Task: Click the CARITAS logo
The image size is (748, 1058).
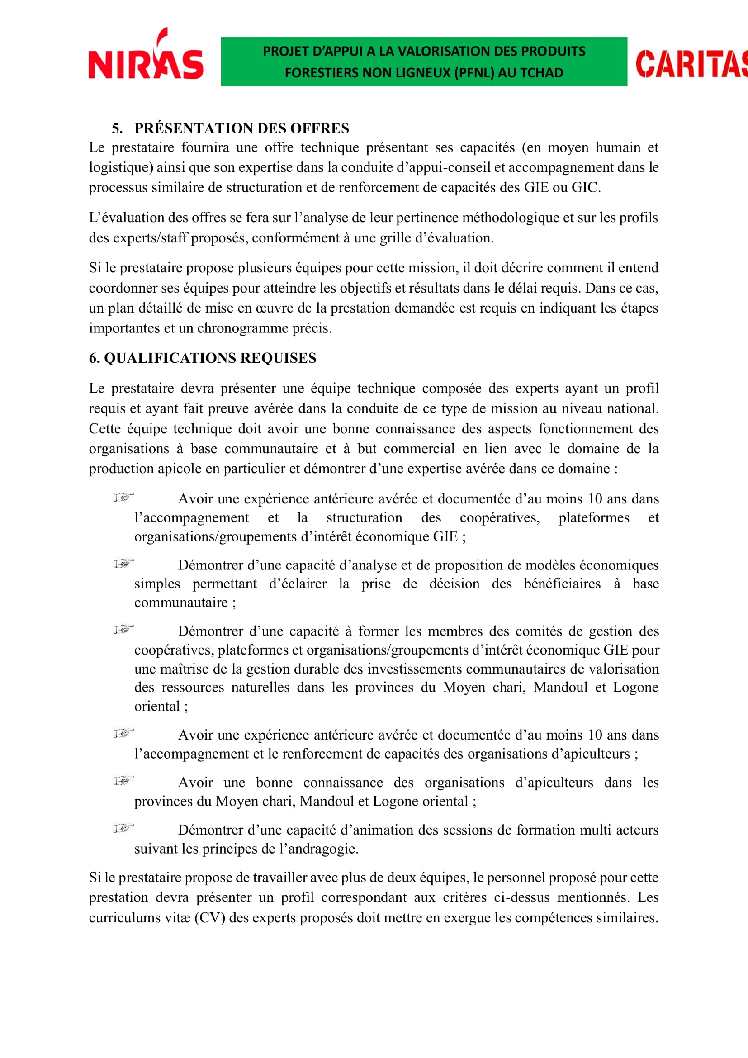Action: point(691,64)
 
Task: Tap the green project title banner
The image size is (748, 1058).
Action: point(424,62)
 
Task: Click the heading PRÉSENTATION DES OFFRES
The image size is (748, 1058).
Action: point(242,128)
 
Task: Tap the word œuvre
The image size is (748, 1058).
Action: point(276,308)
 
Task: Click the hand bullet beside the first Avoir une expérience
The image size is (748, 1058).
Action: point(123,498)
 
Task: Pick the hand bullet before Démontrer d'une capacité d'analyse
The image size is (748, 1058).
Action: point(123,564)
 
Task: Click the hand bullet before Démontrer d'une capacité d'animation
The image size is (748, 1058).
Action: point(123,829)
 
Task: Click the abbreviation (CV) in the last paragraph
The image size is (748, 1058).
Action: point(209,917)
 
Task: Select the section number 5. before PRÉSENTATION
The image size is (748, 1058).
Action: point(117,128)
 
